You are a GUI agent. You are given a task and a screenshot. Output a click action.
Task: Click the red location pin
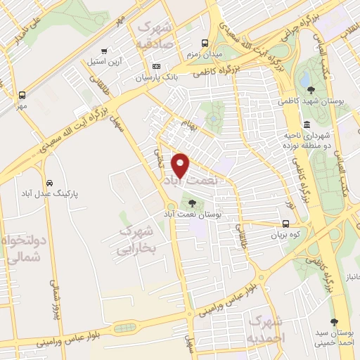[181, 165]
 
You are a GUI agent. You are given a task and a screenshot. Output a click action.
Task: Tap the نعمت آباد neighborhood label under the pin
[191, 181]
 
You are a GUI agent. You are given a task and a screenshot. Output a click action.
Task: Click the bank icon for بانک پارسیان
[156, 67]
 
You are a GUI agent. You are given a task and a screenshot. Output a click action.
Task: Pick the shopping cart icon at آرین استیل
[105, 51]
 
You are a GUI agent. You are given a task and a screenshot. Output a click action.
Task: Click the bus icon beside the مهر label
[22, 94]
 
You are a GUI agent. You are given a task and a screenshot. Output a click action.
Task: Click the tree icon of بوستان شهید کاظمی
[311, 89]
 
